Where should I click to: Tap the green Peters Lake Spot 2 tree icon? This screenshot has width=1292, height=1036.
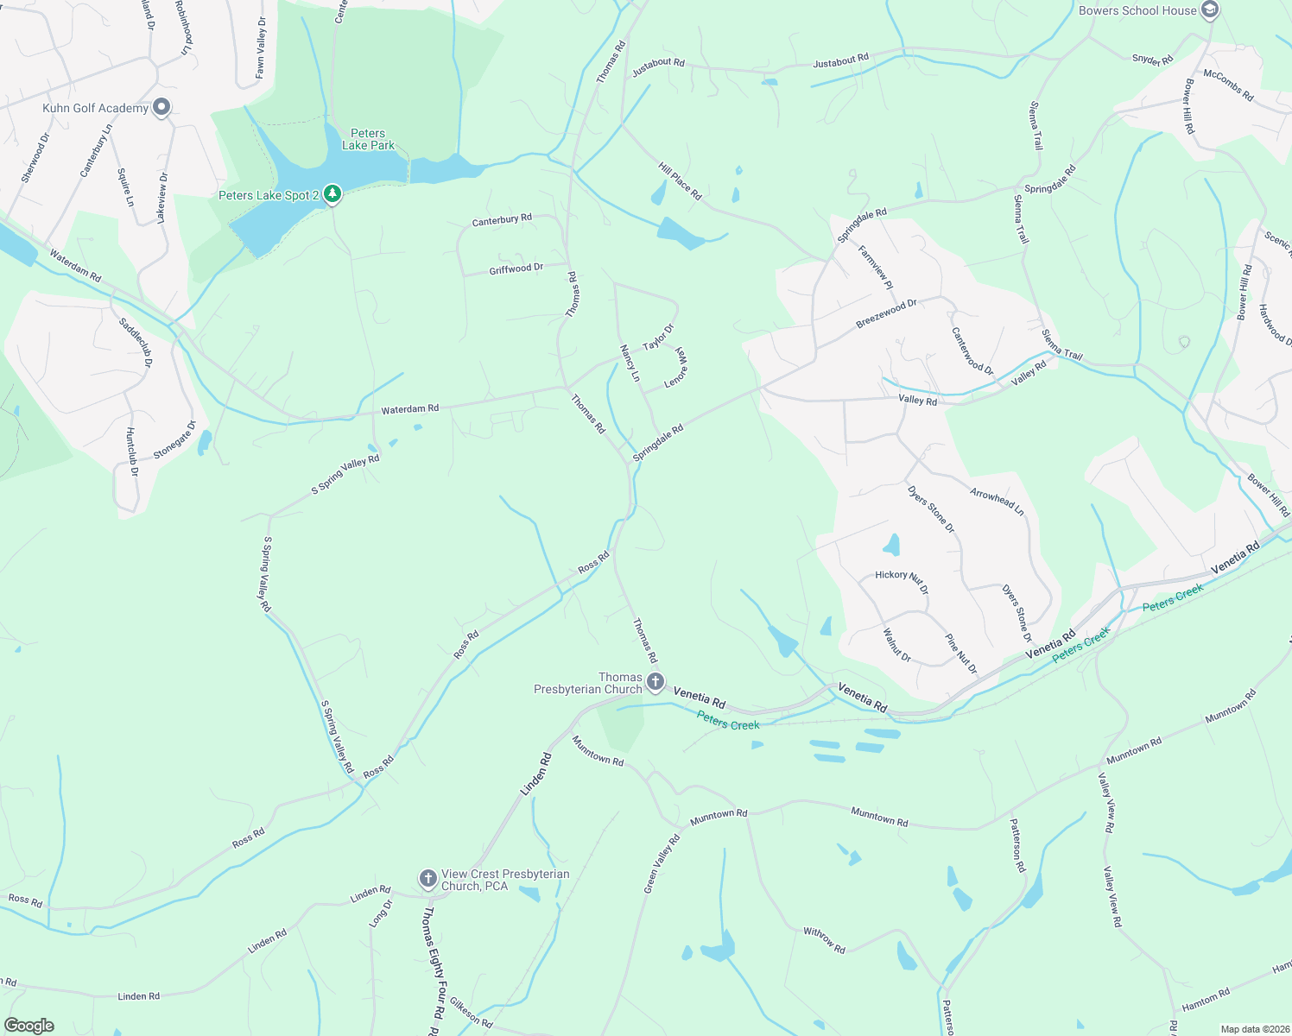[332, 194]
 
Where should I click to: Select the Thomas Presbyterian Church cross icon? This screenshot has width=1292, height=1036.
[655, 683]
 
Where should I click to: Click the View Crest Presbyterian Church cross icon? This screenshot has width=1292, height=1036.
[427, 880]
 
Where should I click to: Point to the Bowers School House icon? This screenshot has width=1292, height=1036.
[1210, 10]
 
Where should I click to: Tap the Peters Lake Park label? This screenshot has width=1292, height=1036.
[368, 139]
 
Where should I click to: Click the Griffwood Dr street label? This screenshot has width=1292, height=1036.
[516, 268]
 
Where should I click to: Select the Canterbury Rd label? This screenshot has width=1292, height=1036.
[502, 220]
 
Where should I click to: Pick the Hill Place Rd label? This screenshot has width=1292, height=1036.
[680, 180]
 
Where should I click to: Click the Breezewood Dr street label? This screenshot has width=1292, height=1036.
[886, 313]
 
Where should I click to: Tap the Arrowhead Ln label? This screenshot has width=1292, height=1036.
[997, 502]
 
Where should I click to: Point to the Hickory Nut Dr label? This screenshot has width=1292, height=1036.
[902, 581]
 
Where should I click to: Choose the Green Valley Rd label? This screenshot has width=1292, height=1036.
[662, 863]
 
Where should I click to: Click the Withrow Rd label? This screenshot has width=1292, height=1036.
[824, 939]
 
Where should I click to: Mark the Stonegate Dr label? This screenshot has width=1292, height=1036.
[174, 439]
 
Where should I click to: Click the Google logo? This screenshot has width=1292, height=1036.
[29, 1025]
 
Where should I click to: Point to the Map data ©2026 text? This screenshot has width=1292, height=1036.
[1254, 1029]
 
